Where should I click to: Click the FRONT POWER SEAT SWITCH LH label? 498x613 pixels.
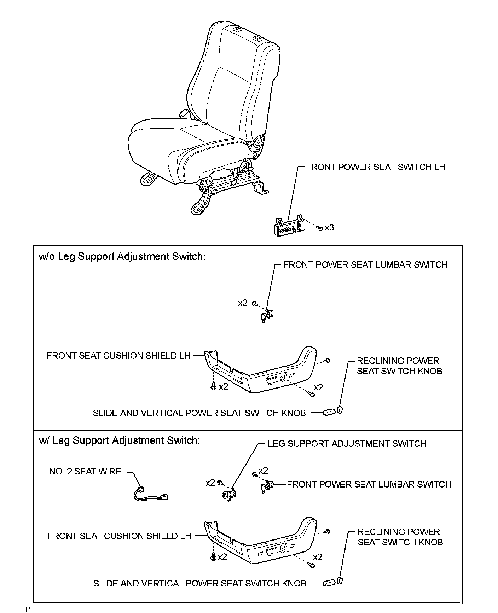point(375,167)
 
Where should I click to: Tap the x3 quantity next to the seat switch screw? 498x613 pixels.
point(329,228)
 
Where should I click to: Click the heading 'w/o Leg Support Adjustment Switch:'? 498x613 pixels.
point(122,256)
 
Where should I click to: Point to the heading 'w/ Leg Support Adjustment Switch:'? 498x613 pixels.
point(119,440)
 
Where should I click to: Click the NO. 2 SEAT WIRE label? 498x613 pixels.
point(85,471)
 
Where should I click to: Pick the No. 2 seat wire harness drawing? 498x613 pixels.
point(150,494)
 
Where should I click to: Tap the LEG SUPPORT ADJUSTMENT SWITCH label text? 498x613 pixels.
point(347,444)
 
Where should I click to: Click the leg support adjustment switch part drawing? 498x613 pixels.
point(229,495)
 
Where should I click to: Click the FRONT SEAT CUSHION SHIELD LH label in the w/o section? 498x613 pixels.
point(118,356)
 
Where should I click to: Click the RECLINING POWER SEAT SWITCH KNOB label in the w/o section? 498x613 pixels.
point(399,366)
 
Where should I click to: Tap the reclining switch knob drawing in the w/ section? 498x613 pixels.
point(340,580)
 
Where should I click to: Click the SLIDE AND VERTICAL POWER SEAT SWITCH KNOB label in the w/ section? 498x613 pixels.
point(200,583)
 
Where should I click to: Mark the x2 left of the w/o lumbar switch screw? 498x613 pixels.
point(243,303)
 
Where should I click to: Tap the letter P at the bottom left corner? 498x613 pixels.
point(28,609)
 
